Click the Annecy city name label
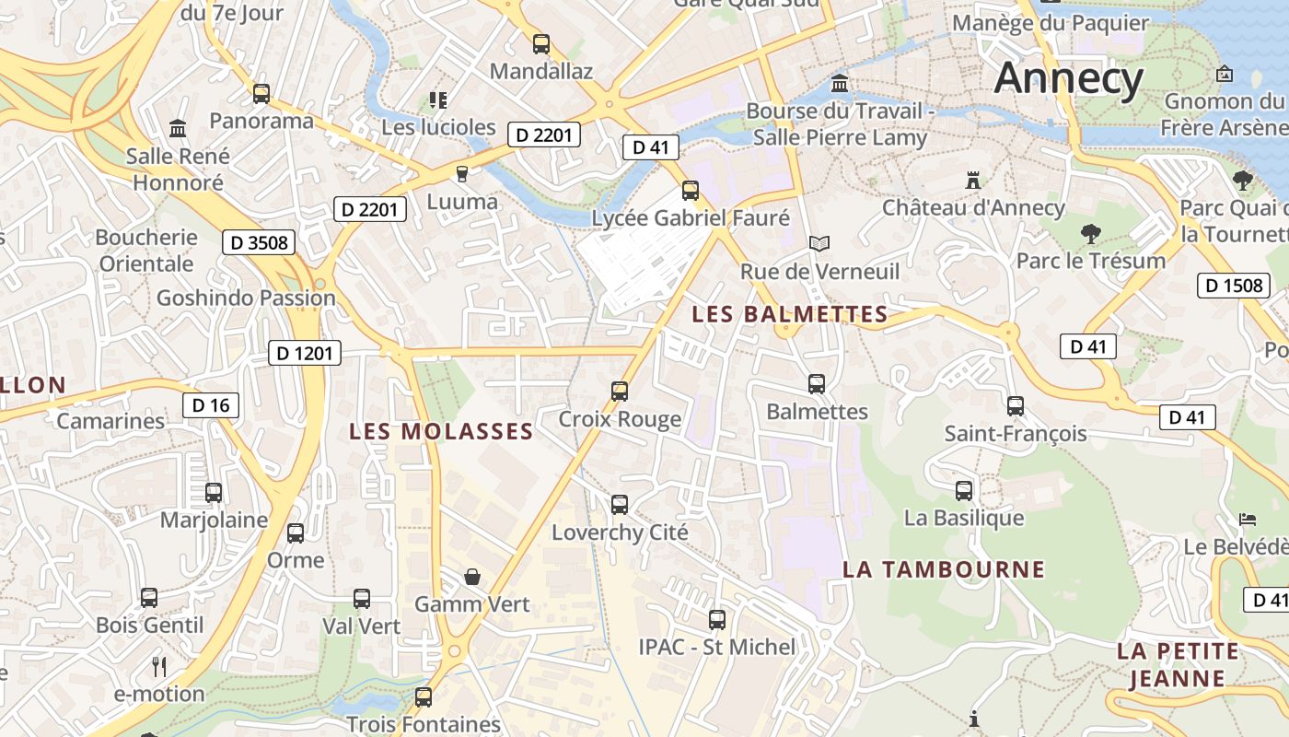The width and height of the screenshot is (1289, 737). tap(1068, 77)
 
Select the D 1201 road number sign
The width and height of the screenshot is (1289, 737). tap(305, 353)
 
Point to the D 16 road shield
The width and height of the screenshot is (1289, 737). tap(211, 405)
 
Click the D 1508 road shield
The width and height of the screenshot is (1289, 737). tap(1234, 286)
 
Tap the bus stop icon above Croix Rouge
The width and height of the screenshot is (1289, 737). tap(620, 391)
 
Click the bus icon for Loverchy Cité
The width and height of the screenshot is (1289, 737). tap(620, 504)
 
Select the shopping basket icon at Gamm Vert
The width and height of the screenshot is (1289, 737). tap(472, 577)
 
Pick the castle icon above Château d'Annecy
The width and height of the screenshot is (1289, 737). tap(972, 179)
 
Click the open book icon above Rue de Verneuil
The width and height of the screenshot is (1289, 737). tap(819, 243)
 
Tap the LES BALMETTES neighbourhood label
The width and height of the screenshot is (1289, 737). tap(789, 314)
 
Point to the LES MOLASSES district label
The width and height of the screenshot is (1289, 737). tap(441, 431)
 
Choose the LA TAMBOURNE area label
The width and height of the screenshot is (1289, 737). tap(944, 569)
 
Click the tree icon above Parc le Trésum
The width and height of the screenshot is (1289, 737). tap(1091, 233)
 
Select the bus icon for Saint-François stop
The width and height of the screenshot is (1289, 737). tap(1016, 405)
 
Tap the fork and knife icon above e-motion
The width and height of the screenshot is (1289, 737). tap(159, 665)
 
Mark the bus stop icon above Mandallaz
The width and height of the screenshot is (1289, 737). tap(541, 43)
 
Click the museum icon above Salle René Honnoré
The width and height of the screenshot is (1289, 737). tap(178, 128)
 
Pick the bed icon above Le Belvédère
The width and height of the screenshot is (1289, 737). tap(1248, 520)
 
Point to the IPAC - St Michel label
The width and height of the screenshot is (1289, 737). tap(717, 647)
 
